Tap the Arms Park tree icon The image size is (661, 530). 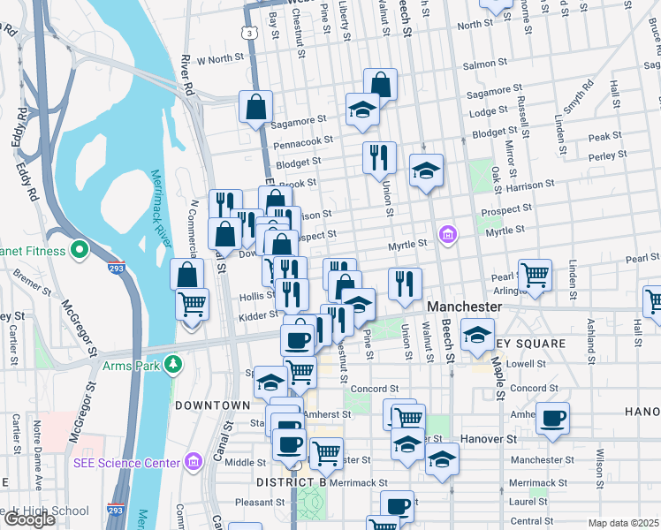point(174,364)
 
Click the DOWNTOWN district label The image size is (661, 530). point(212,405)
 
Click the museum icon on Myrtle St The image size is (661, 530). point(448,235)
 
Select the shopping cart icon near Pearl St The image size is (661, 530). point(536,275)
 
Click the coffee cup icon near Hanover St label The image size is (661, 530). point(554,418)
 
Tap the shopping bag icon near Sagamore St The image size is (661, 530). point(255,107)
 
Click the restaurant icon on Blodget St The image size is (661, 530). point(379,157)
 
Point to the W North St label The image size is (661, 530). point(219,59)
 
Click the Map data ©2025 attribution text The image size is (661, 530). point(623,523)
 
